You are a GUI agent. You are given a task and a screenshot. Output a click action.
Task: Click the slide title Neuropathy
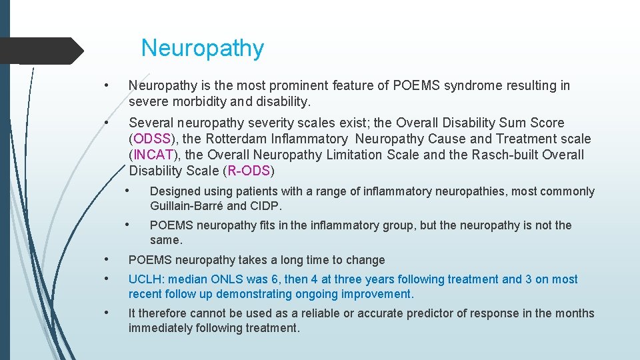[202, 48]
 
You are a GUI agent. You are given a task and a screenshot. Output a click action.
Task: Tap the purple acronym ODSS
[152, 139]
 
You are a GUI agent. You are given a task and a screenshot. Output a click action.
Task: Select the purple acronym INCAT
[153, 155]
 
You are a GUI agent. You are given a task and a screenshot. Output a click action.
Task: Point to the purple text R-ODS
[249, 171]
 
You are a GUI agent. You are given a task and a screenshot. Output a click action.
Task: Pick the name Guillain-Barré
[187, 205]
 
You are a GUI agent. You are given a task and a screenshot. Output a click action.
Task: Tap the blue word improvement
[379, 294]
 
